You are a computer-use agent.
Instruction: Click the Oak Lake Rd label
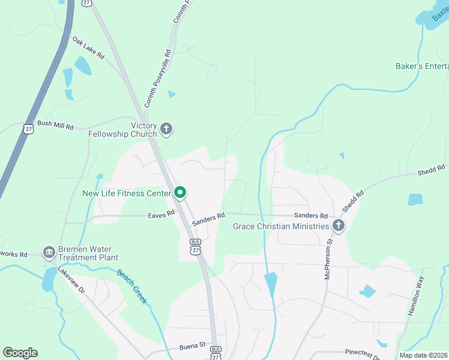pos(88,48)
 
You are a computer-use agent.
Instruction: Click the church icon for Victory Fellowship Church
pos(166,129)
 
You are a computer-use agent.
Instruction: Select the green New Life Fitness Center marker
pos(179,193)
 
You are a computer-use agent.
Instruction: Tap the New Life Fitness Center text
pos(127,194)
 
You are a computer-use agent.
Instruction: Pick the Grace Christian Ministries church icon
pos(338,226)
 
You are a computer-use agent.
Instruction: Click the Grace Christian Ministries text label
pos(281,226)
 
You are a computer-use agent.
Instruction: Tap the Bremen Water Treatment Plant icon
pos(48,252)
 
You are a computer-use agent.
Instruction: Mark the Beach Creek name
pos(131,286)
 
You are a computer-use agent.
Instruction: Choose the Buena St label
pos(192,347)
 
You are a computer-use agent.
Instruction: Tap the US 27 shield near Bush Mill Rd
pos(29,128)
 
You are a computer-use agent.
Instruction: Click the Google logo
pos(20,353)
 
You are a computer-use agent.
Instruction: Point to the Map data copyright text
pos(423,355)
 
